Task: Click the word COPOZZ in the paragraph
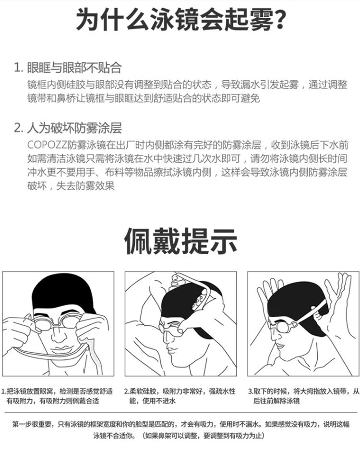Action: point(47,145)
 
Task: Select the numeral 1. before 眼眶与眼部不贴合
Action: point(19,67)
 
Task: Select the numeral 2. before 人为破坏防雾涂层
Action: point(19,128)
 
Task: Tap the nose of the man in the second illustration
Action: point(166,339)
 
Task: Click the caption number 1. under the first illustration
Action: point(4,392)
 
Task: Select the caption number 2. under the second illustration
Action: point(127,392)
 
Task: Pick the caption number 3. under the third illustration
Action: point(251,392)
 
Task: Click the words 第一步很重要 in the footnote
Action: point(31,424)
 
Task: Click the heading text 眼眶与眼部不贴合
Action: point(74,67)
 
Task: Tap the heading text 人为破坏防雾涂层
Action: point(74,128)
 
